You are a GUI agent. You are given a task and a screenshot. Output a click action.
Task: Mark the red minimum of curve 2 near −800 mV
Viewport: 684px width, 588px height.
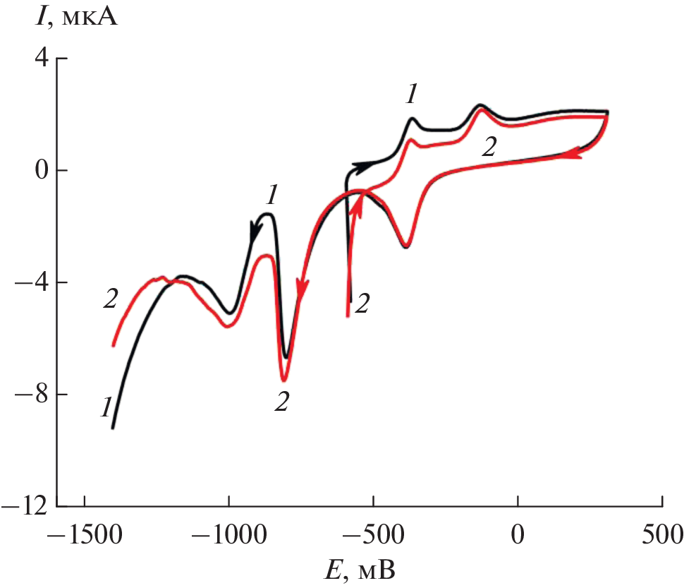click(283, 380)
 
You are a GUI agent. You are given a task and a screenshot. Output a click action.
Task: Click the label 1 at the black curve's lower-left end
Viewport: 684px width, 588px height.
click(106, 408)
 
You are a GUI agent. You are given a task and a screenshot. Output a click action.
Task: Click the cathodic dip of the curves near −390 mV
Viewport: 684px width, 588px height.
click(406, 246)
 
